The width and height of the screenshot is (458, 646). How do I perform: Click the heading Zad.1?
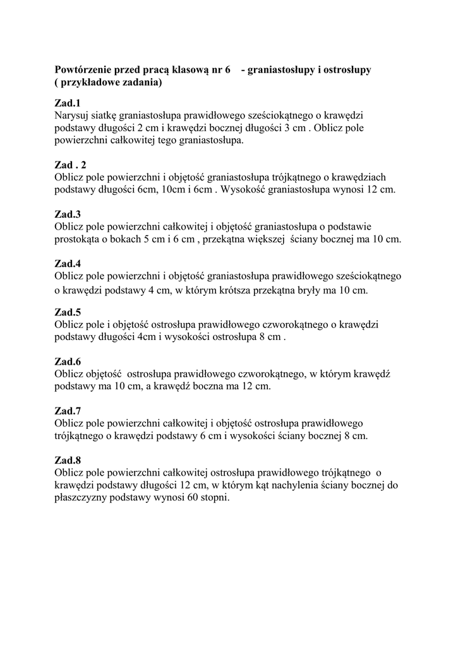tap(68, 103)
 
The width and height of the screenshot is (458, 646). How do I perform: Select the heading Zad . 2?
tap(70, 165)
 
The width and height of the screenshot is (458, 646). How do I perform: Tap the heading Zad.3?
tap(68, 214)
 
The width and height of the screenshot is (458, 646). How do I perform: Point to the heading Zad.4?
tap(68, 263)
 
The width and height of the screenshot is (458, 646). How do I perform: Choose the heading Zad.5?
tap(68, 312)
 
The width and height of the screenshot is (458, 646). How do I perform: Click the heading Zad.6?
tap(68, 361)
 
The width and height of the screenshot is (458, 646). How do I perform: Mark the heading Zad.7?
tap(68, 411)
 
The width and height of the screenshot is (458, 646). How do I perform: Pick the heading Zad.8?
tap(68, 460)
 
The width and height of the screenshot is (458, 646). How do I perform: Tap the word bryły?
tap(330, 290)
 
